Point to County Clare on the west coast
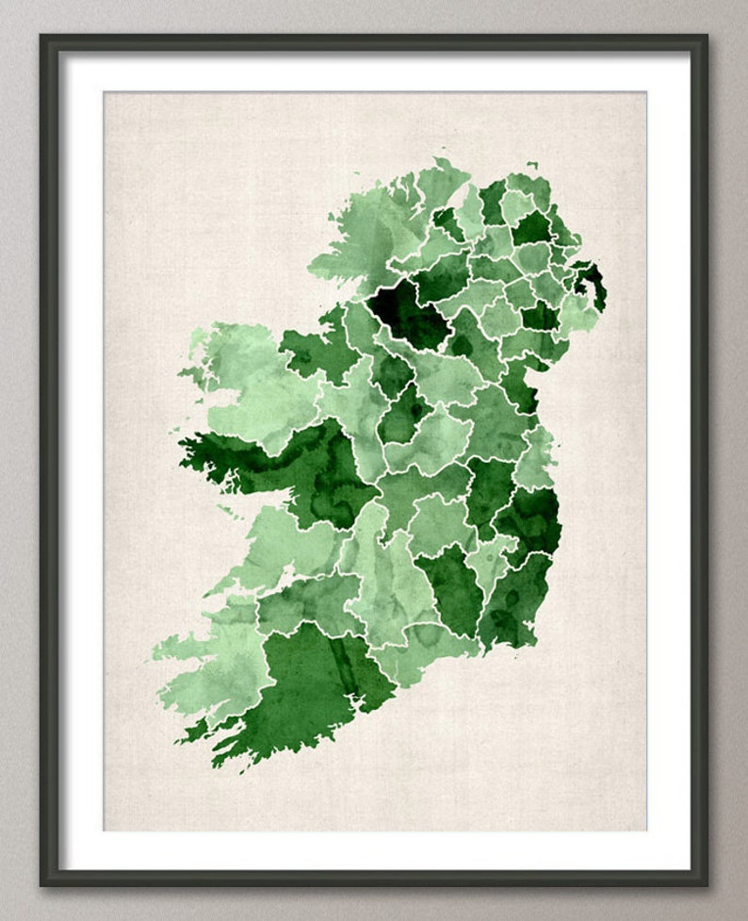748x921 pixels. (x=283, y=537)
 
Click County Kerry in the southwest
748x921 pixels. (x=207, y=660)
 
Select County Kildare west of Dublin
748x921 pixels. (x=490, y=481)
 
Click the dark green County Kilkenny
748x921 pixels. (x=450, y=584)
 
